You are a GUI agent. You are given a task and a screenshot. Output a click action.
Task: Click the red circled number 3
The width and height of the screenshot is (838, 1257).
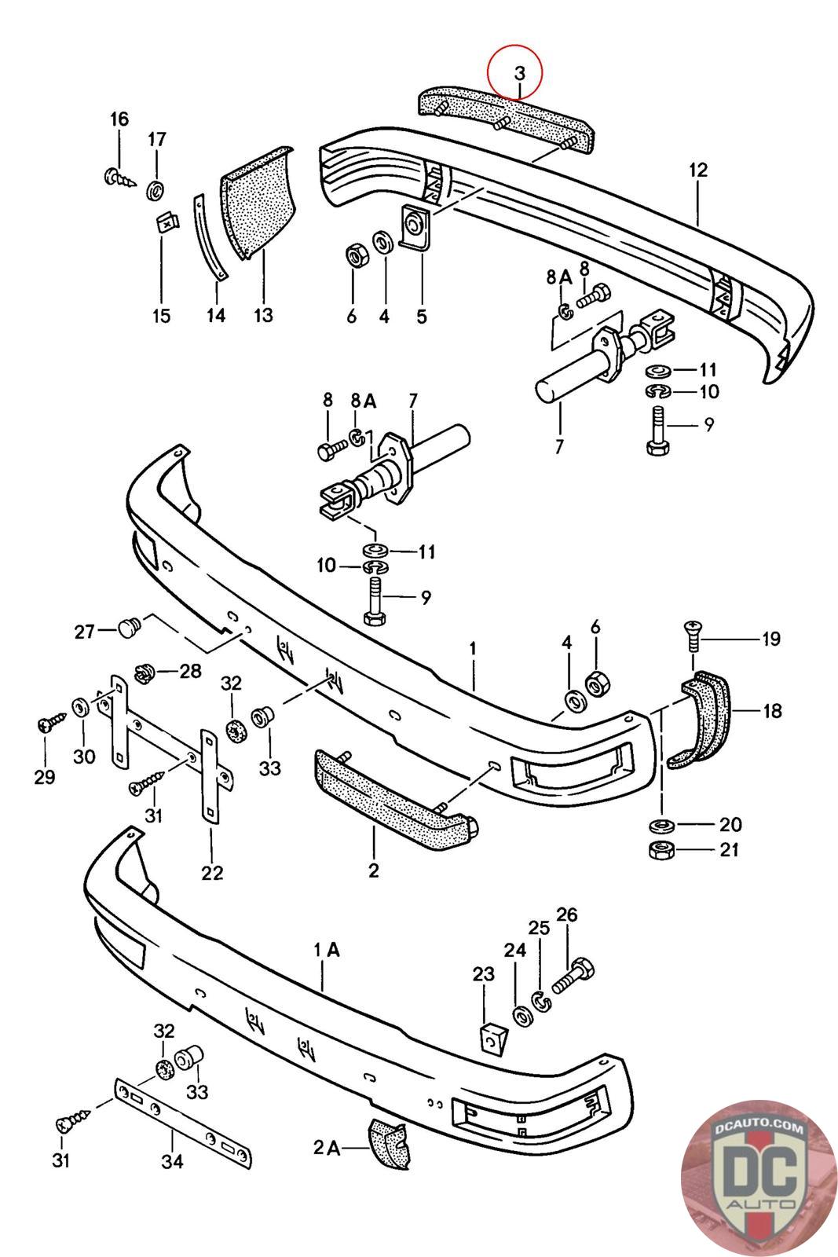(518, 73)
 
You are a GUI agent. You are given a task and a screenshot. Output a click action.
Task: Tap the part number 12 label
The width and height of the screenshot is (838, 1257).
(698, 170)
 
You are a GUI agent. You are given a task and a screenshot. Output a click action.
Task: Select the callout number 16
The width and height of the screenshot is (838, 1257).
(119, 119)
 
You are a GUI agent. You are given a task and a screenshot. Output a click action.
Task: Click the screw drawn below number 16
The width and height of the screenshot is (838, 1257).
(119, 177)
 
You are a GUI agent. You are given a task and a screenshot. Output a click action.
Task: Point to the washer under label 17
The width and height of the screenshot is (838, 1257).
(156, 189)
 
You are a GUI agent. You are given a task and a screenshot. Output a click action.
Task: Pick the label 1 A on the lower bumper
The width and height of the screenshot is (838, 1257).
(327, 950)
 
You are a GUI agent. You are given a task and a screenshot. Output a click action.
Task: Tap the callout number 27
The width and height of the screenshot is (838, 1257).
(85, 631)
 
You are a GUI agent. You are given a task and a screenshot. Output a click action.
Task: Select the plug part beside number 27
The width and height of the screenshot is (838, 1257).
(128, 628)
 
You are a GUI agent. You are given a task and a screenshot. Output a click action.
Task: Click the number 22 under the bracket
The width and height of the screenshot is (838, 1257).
(212, 872)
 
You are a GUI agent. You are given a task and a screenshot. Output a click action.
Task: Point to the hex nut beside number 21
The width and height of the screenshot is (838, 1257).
(658, 850)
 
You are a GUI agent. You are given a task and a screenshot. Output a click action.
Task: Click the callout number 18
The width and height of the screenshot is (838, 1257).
(771, 711)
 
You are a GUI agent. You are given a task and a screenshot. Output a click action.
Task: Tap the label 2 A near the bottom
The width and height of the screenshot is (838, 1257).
(327, 1148)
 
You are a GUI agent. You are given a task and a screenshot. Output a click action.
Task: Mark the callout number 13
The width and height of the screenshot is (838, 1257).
(263, 315)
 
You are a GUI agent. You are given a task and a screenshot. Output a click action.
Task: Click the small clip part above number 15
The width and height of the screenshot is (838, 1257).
(163, 223)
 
